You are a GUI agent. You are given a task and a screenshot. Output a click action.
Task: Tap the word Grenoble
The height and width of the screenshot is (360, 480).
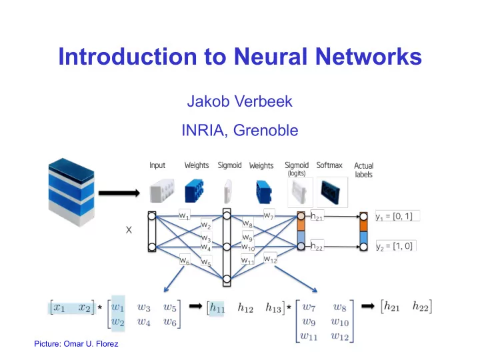click(265, 130)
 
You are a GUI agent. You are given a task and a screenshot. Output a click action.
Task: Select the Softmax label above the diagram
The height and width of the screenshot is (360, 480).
click(329, 165)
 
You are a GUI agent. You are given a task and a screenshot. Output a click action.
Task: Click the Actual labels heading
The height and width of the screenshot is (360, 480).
click(364, 170)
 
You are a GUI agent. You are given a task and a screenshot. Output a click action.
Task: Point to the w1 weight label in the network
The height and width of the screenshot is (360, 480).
click(184, 215)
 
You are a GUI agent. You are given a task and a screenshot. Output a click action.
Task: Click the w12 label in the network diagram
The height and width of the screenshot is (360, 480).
click(270, 259)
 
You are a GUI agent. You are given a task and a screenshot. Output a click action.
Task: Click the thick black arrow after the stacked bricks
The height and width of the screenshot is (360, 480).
click(119, 193)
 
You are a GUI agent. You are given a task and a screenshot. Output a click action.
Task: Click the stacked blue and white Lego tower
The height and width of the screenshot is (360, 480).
click(71, 192)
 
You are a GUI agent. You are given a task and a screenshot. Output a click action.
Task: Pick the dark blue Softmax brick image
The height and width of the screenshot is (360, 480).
click(333, 192)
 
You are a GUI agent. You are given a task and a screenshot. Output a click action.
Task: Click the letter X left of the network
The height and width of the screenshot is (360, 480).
click(129, 230)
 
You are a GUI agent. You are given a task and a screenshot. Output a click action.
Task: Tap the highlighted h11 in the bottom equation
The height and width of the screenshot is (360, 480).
click(217, 307)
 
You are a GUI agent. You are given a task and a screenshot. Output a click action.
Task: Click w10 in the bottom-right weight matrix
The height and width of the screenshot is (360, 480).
click(340, 322)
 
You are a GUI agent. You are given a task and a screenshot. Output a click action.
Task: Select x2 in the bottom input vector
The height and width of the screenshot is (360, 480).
click(84, 307)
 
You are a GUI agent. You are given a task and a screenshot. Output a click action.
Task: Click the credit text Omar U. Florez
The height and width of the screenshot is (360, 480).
click(91, 344)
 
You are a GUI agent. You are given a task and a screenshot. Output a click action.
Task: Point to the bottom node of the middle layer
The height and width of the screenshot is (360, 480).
click(227, 279)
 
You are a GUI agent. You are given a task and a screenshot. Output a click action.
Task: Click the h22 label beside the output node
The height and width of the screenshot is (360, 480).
click(317, 246)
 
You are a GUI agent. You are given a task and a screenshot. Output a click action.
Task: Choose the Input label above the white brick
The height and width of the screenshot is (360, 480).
click(157, 165)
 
